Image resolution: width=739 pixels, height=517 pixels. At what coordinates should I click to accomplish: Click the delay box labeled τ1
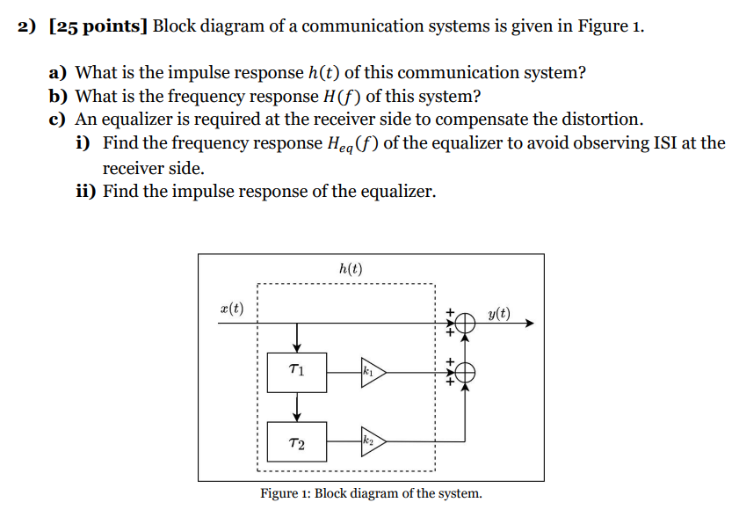[297, 373]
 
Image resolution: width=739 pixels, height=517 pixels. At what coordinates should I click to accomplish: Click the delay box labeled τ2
[297, 442]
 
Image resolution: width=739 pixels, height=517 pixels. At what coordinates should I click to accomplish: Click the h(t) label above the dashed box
[350, 269]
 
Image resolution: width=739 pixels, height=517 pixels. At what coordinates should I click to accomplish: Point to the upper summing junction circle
[465, 324]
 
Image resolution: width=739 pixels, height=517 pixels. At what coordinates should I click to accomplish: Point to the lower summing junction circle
[465, 373]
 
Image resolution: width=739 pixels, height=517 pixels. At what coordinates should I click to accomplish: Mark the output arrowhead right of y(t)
[529, 324]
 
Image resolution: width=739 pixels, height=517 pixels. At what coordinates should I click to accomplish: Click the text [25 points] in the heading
[98, 25]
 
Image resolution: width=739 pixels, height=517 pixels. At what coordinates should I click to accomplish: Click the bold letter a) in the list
[60, 73]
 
